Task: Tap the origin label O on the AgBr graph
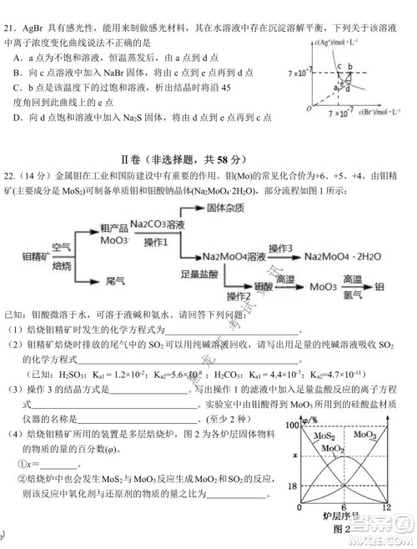(307, 109)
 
